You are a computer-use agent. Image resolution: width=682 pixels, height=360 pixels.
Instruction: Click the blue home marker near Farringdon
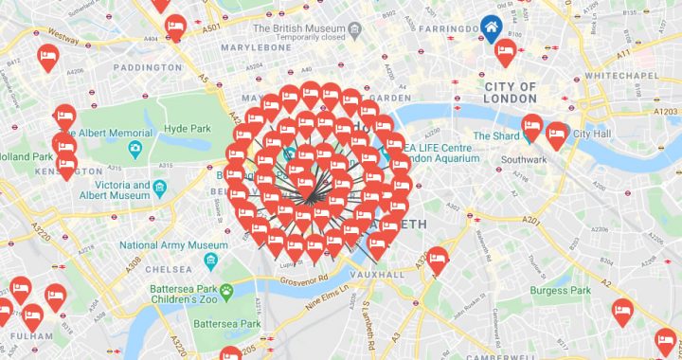pyautogui.click(x=492, y=27)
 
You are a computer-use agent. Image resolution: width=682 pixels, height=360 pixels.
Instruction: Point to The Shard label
pyautogui.click(x=496, y=135)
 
